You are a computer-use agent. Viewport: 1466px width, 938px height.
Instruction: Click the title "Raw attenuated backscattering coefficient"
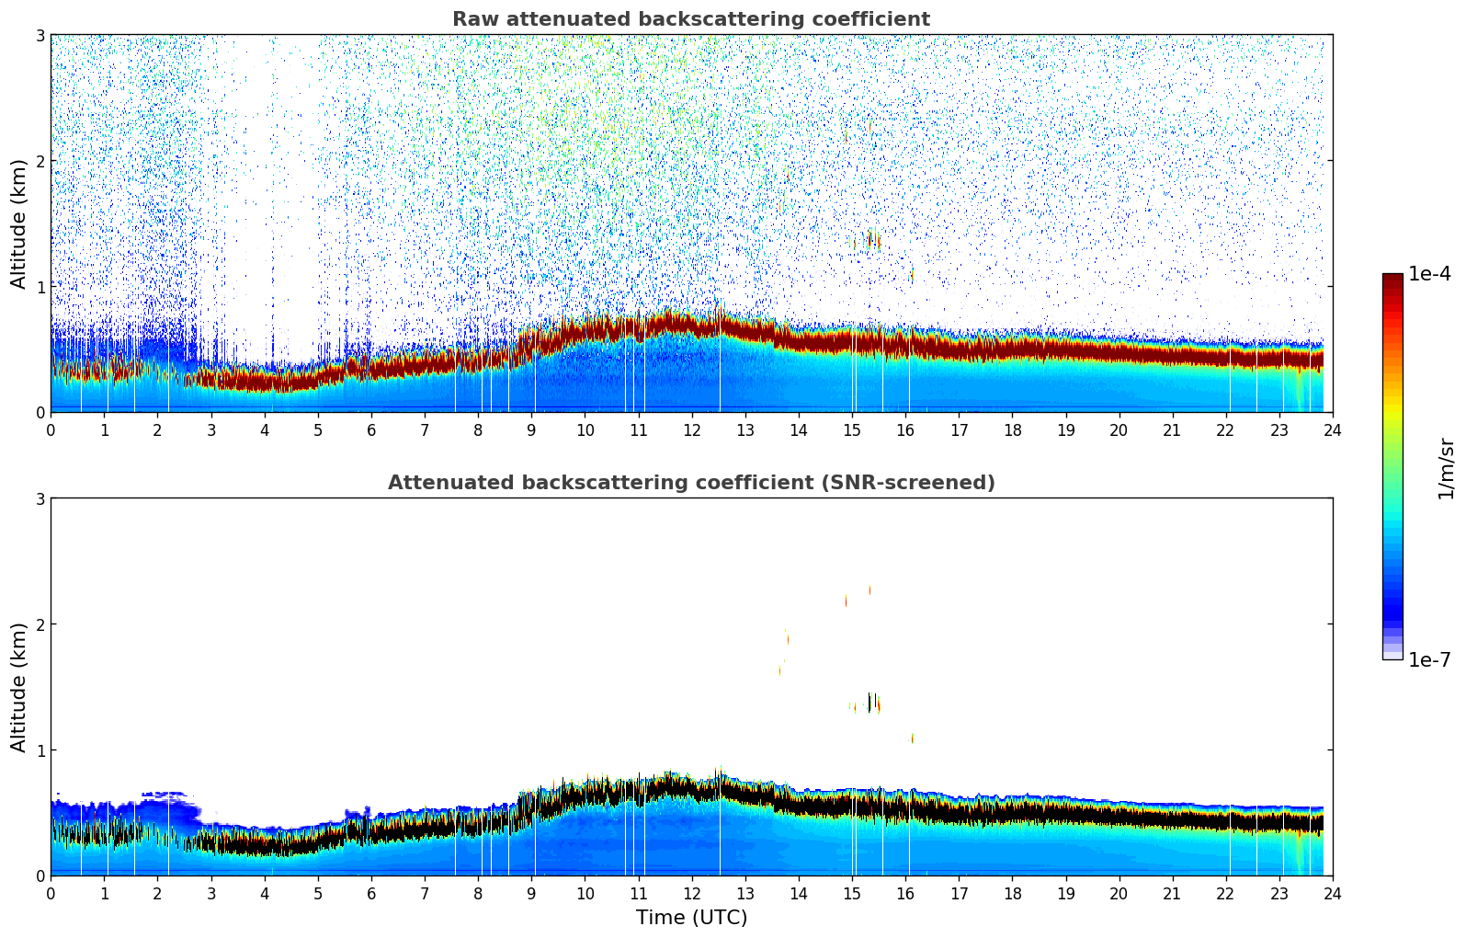point(691,19)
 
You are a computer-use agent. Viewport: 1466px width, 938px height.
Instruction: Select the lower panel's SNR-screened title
point(691,483)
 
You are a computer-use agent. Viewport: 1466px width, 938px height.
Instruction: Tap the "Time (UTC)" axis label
point(691,918)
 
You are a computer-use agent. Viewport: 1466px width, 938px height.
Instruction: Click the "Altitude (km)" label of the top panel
point(18,223)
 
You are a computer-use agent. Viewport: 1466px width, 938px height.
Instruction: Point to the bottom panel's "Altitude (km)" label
point(18,687)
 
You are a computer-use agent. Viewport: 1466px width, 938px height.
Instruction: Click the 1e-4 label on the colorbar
point(1429,274)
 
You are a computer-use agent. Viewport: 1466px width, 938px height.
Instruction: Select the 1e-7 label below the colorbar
point(1429,659)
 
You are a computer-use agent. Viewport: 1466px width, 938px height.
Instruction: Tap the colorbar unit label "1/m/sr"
point(1446,468)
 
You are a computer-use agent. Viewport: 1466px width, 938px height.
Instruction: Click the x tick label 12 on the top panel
point(691,429)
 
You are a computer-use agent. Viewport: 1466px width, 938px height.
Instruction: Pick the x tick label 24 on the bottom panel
point(1333,893)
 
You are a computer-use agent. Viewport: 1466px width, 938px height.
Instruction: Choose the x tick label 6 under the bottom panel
point(371,893)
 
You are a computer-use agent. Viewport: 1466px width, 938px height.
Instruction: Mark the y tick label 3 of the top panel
point(40,35)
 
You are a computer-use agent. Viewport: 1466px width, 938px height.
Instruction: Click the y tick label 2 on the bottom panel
point(40,624)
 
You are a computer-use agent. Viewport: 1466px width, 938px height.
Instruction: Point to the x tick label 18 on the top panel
point(1012,429)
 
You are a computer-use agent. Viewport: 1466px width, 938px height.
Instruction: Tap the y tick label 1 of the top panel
point(40,286)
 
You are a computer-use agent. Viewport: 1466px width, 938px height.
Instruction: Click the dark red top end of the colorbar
point(1392,278)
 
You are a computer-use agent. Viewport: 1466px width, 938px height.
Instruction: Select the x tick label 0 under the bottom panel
point(51,893)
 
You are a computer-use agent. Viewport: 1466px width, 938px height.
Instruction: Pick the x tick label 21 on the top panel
point(1172,429)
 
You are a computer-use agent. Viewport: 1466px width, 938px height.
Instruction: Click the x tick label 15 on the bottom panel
point(852,893)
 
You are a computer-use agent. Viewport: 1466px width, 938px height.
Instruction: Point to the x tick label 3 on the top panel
point(210,429)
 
